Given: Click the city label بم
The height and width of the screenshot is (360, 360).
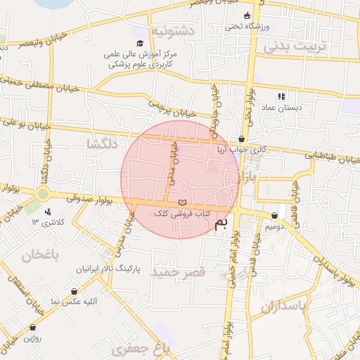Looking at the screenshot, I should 221,224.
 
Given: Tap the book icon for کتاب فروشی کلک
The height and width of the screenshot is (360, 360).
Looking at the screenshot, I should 183,203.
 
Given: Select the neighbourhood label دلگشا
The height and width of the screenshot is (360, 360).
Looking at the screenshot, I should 101,143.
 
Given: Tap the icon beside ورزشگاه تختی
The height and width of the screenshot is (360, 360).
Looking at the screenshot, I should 246,16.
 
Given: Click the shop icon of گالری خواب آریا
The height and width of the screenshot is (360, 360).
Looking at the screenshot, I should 243,139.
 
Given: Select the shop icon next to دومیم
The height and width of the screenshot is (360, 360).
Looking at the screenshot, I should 274,216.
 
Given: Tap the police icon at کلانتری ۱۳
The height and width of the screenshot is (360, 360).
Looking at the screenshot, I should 47,211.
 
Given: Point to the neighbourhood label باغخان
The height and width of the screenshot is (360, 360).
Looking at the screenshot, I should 37,255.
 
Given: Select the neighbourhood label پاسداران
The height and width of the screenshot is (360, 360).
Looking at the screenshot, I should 285,307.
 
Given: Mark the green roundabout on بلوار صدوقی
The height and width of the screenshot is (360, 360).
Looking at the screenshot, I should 44,193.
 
